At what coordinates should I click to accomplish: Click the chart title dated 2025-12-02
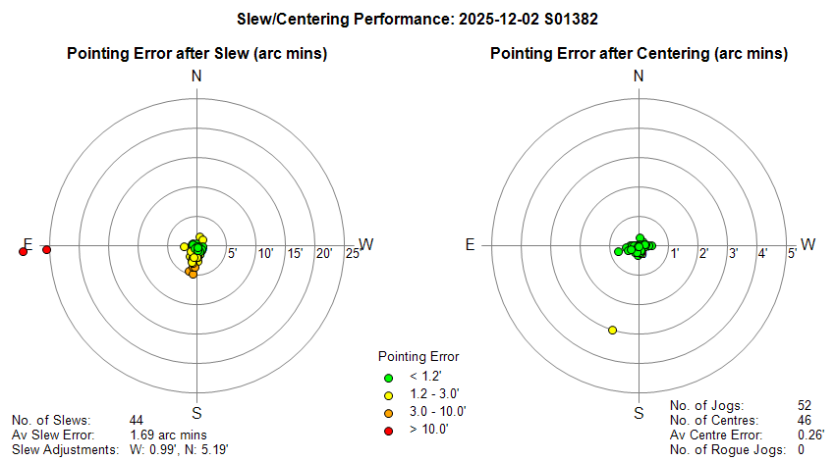[x=417, y=19]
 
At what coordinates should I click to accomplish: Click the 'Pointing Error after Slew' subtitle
[x=196, y=53]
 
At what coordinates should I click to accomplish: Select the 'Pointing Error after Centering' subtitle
[x=639, y=53]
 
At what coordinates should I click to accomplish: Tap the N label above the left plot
[x=196, y=76]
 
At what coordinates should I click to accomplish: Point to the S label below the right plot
[x=639, y=412]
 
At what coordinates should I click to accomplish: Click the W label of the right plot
[x=808, y=244]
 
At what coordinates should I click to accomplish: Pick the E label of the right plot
[x=470, y=244]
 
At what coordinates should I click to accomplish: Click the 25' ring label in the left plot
[x=353, y=255]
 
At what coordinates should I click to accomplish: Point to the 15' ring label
[x=294, y=255]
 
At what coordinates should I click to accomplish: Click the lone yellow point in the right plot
[x=612, y=330]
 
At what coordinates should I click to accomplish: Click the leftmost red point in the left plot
[x=23, y=252]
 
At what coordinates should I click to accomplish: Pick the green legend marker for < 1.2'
[x=388, y=377]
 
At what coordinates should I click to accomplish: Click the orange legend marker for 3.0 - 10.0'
[x=388, y=412]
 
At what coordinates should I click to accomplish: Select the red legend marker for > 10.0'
[x=388, y=430]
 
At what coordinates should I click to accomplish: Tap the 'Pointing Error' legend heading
[x=418, y=356]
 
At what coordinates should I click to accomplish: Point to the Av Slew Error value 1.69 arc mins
[x=168, y=434]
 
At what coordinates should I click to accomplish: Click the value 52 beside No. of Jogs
[x=805, y=404]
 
